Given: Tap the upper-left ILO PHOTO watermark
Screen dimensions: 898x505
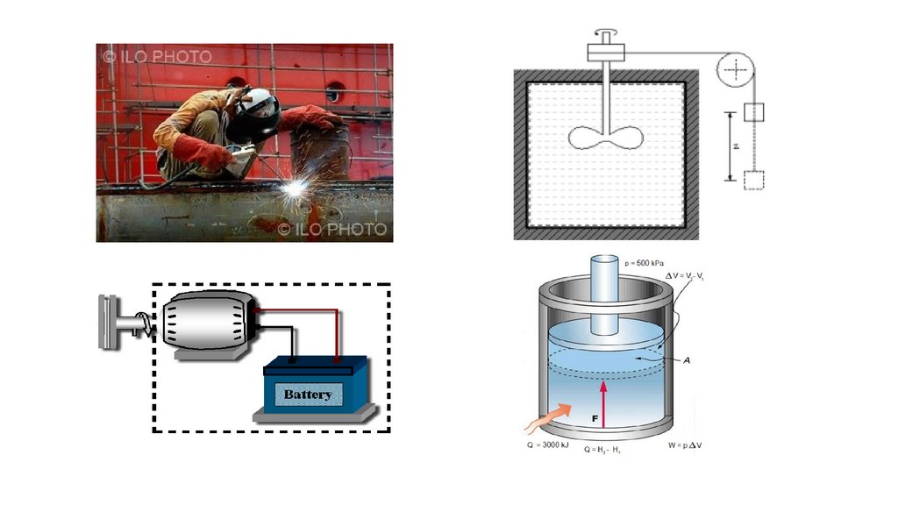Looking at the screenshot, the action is click(x=158, y=57).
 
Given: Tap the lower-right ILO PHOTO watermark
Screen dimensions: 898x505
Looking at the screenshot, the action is click(x=332, y=229).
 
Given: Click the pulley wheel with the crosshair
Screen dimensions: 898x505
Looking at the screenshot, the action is click(x=736, y=68).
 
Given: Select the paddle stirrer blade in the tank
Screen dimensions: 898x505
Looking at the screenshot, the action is click(x=606, y=137).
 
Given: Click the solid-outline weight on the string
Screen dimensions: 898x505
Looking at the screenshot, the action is click(x=754, y=112).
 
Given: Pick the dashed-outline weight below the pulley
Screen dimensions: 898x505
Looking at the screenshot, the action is click(x=754, y=181).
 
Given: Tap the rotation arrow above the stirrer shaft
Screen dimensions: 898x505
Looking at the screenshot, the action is click(x=604, y=34).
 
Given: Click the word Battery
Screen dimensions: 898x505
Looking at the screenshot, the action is click(x=308, y=395).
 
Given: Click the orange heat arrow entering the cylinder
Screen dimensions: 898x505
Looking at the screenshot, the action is click(x=547, y=417).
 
